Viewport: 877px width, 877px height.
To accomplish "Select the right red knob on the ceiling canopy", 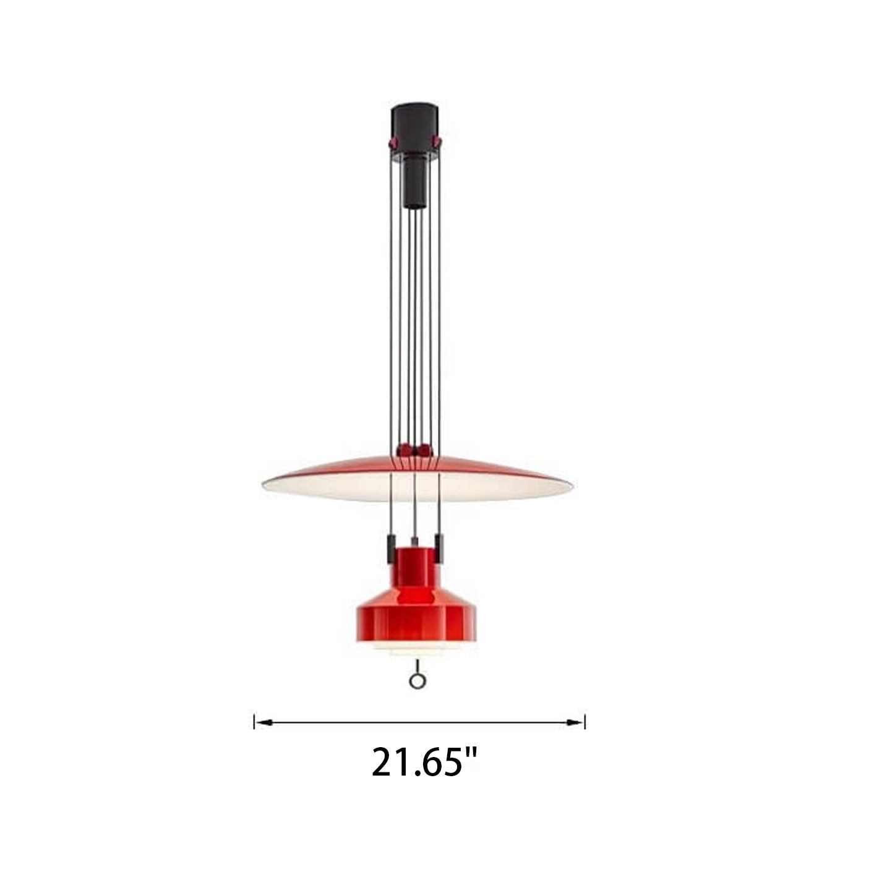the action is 437,142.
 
